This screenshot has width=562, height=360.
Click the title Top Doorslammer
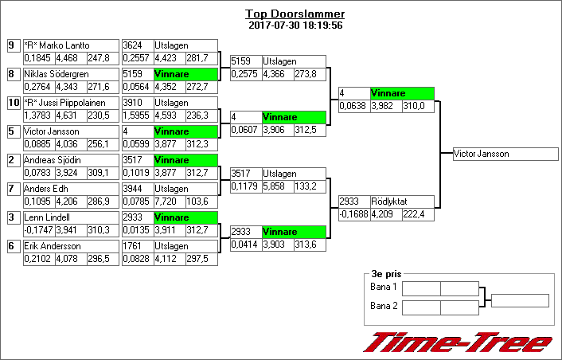tap(295, 14)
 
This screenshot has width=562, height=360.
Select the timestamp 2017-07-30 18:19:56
tap(295, 25)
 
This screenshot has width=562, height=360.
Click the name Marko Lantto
tap(64, 45)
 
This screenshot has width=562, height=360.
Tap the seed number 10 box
tap(14, 103)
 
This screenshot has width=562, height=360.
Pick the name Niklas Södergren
tap(57, 74)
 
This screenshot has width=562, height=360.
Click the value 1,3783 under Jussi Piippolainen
tap(39, 115)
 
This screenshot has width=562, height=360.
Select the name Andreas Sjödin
tap(53, 160)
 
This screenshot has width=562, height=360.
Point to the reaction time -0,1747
tap(39, 230)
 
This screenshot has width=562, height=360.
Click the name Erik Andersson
tap(53, 246)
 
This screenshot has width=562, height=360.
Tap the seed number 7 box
tap(14, 189)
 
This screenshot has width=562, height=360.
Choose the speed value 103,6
tap(197, 202)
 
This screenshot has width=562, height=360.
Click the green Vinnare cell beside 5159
tap(185, 74)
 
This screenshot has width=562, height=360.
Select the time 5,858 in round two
tap(274, 186)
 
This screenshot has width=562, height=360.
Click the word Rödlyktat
tap(389, 202)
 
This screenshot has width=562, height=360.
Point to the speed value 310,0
tap(414, 106)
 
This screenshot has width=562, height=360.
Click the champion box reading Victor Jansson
tap(505, 154)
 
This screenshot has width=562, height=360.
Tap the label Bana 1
tap(384, 287)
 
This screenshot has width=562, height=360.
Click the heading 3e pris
tap(386, 274)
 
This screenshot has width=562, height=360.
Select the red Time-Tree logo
tap(458, 342)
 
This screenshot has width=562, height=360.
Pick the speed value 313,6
tap(306, 245)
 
